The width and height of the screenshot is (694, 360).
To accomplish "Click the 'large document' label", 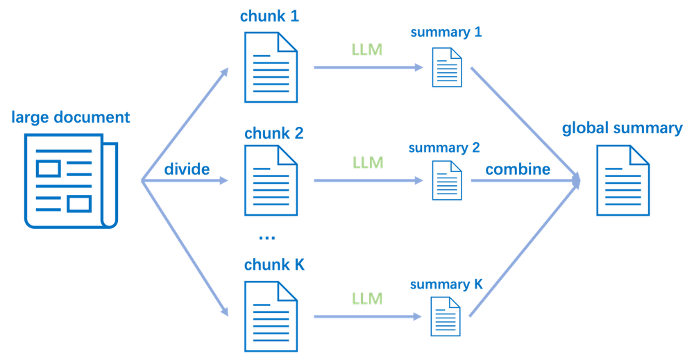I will tap(70, 117).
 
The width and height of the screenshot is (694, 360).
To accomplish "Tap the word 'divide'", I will tap(187, 169).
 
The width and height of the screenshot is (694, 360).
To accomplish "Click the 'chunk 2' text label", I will tap(273, 132).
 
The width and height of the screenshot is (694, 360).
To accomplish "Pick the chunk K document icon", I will tap(271, 317).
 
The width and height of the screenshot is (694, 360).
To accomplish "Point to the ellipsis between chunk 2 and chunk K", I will tap(266, 239).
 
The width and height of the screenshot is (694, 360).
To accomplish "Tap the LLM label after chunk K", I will tap(367, 299).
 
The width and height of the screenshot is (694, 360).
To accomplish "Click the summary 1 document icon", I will tap(446, 67).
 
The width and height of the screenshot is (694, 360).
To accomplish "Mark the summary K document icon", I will tap(446, 316).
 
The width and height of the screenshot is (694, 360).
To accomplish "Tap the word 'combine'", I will tap(518, 170).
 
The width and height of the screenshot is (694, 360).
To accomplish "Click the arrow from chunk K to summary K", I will tap(368, 317).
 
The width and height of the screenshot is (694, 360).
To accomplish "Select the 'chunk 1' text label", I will tap(269, 17).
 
